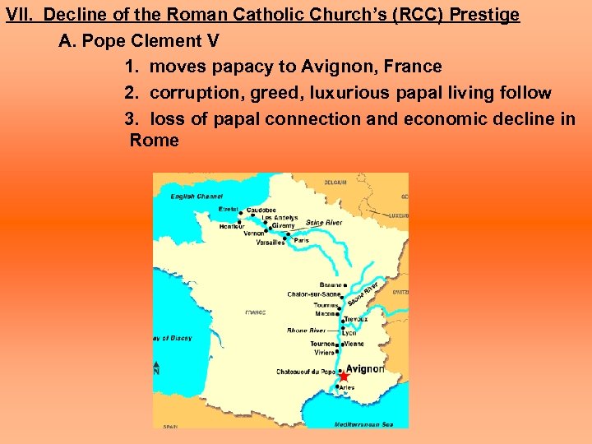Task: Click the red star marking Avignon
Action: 344,376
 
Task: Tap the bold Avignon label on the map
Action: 365,369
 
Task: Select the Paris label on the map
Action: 312,241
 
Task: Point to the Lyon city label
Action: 349,333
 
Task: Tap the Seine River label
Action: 324,223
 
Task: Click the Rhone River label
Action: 306,331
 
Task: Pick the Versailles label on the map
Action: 271,243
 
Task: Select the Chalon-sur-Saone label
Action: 312,294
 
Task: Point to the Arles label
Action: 347,386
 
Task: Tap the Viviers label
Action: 325,352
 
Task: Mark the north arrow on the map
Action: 156,367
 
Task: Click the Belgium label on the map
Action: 335,182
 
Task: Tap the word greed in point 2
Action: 275,92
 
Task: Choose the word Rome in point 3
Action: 154,141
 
